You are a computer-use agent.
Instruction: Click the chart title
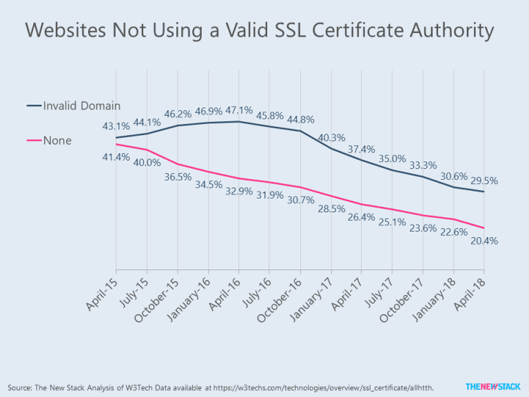260,30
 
